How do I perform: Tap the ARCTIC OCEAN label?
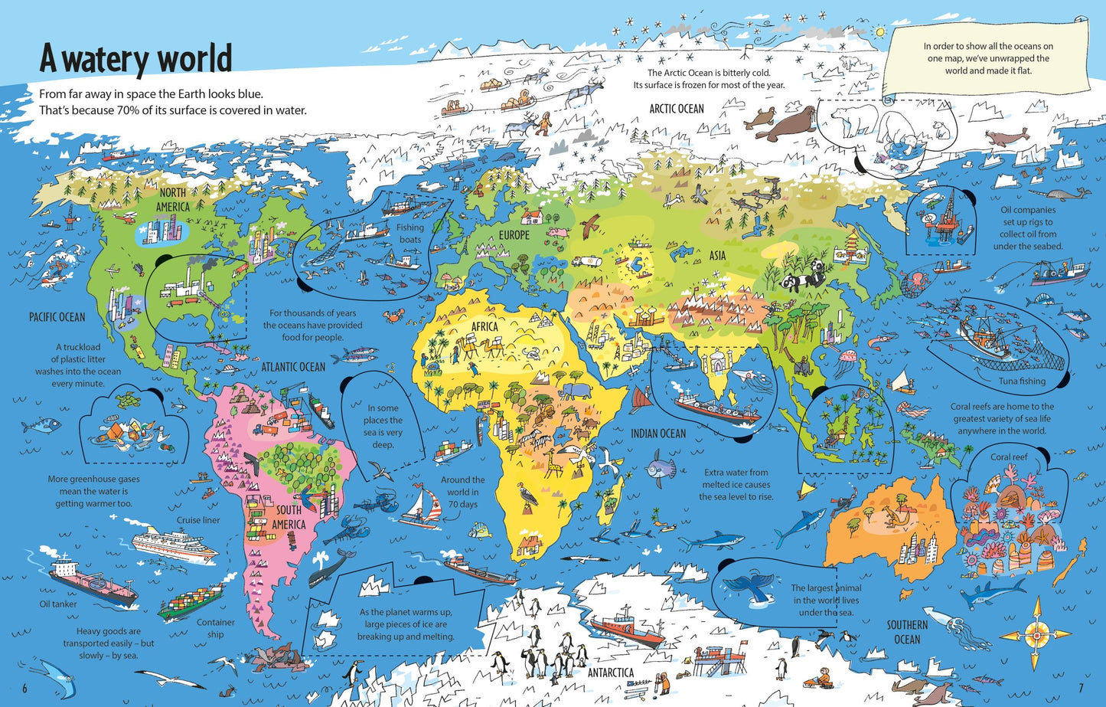click(x=676, y=109)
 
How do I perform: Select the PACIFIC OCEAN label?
click(x=57, y=316)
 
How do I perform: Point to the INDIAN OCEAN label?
click(x=658, y=434)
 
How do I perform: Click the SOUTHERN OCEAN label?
click(x=907, y=632)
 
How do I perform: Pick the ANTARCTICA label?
click(x=610, y=673)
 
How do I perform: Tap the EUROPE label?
click(x=514, y=235)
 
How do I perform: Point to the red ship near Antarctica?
click(x=628, y=627)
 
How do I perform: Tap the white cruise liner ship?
click(x=175, y=543)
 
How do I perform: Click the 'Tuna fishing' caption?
click(x=1021, y=381)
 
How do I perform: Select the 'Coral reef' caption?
click(x=1009, y=457)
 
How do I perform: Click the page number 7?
click(x=1081, y=687)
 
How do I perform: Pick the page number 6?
click(x=24, y=687)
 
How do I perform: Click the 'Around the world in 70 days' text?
click(x=462, y=492)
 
